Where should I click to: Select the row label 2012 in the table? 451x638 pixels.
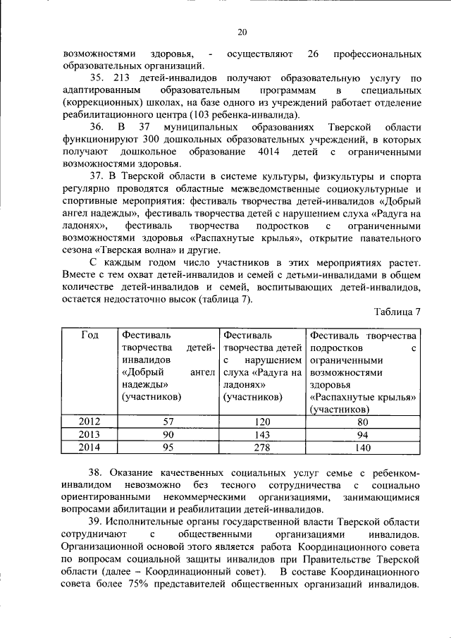(89, 422)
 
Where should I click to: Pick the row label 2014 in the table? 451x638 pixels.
(89, 446)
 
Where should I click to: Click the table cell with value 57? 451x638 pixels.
(168, 422)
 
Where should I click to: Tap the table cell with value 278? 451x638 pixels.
(262, 446)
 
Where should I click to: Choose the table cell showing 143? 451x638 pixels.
(262, 434)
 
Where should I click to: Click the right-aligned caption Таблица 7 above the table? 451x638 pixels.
(397, 312)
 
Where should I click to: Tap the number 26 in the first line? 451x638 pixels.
(315, 54)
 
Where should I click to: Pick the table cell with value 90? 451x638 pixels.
(168, 434)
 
